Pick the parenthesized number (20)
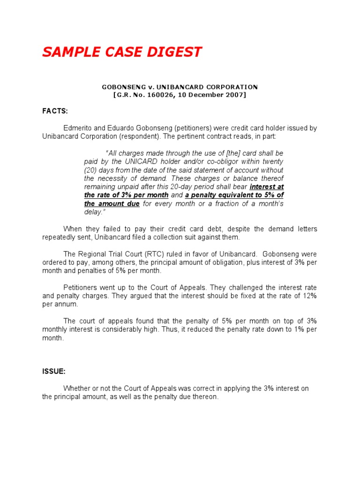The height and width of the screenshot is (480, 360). tap(93, 170)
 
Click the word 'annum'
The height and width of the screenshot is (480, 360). tap(67, 304)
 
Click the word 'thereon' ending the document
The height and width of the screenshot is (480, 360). tap(206, 397)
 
